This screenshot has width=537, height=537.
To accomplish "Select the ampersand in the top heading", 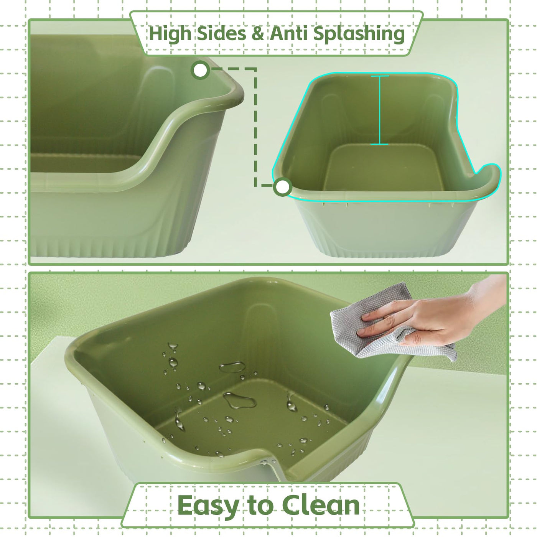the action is [x=258, y=34].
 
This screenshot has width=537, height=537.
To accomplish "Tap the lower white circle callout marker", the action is [x=283, y=187].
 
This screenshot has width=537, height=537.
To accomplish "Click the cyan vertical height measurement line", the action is [x=380, y=110].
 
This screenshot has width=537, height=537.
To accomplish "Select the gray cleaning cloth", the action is [x=390, y=323].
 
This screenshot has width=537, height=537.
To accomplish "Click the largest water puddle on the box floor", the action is [x=240, y=400].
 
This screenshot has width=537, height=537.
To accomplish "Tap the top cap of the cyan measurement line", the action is [x=380, y=76].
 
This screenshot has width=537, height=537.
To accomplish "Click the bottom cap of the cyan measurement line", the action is [x=380, y=144].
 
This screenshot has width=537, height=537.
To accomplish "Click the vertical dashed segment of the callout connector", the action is [x=255, y=127].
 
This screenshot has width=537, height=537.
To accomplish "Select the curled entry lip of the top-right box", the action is [x=488, y=178].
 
